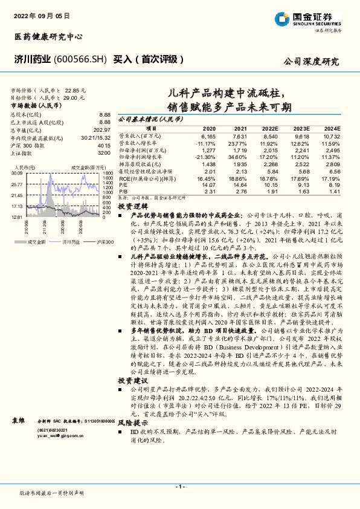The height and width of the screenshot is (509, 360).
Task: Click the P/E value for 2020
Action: pos(208,186)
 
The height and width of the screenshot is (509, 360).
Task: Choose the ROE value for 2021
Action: pos(240,180)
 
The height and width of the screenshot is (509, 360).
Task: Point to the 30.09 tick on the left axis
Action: pos(16,173)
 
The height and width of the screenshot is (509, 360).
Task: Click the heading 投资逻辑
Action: pos(130,206)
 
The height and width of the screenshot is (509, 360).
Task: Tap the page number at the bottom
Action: pos(180,487)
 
